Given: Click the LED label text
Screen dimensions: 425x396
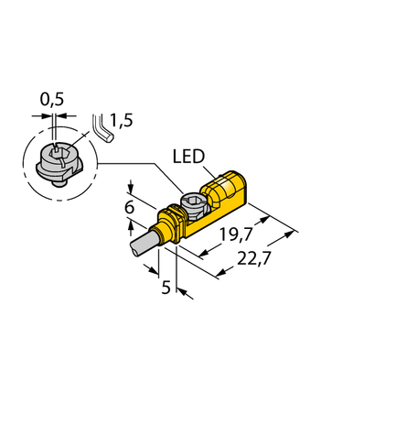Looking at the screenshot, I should pyautogui.click(x=189, y=157).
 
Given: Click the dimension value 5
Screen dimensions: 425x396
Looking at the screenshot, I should pyautogui.click(x=165, y=287).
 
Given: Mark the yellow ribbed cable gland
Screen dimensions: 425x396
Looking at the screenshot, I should pyautogui.click(x=167, y=224).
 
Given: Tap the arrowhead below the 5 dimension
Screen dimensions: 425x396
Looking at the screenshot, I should pyautogui.click(x=181, y=291).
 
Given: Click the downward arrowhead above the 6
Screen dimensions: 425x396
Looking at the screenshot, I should pyautogui.click(x=131, y=186).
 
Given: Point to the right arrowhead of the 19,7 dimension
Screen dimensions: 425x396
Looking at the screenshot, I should pyautogui.click(x=266, y=217).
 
